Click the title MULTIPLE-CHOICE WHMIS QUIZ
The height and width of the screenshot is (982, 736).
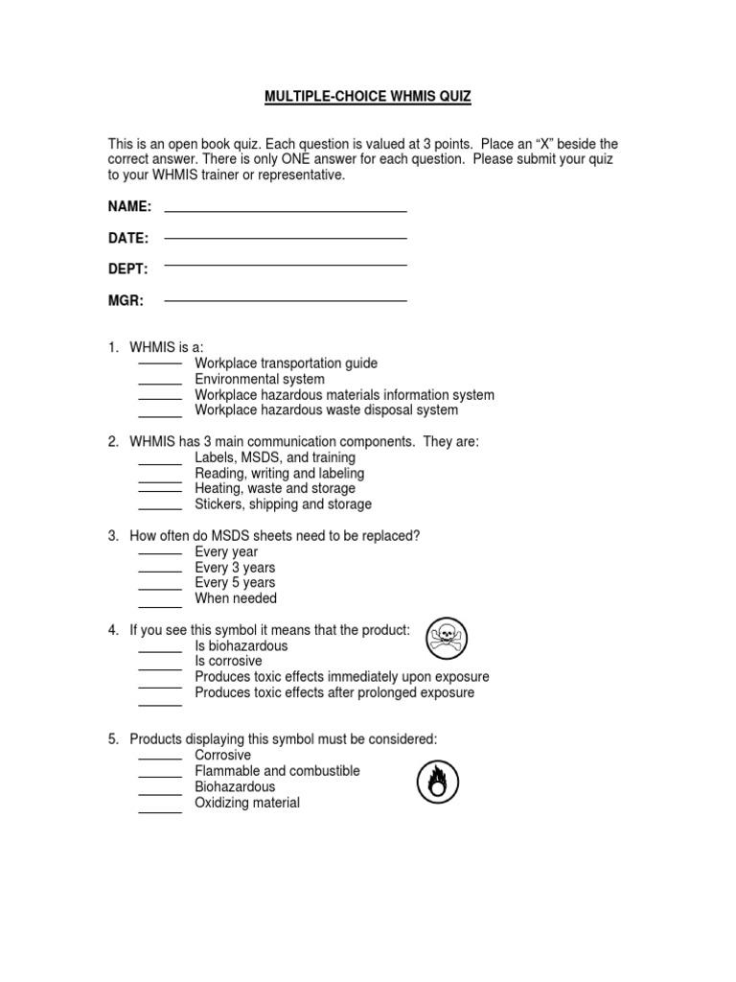click(368, 97)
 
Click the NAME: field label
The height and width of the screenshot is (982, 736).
click(129, 207)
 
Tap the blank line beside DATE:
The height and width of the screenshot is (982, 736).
click(286, 237)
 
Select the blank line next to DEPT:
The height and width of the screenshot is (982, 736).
click(286, 265)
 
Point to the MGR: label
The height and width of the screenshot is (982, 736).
click(126, 300)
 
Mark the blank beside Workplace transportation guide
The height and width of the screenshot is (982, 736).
click(160, 365)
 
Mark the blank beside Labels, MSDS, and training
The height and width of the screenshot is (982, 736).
click(160, 459)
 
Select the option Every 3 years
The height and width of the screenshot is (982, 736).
click(235, 568)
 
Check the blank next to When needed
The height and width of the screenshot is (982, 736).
click(160, 600)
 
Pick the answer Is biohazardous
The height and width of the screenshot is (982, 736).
click(241, 646)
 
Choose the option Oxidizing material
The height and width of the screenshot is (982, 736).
click(247, 803)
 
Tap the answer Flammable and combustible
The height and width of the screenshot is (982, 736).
click(277, 771)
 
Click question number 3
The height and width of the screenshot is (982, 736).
click(112, 536)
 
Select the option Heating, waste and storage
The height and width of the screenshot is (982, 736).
click(274, 489)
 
